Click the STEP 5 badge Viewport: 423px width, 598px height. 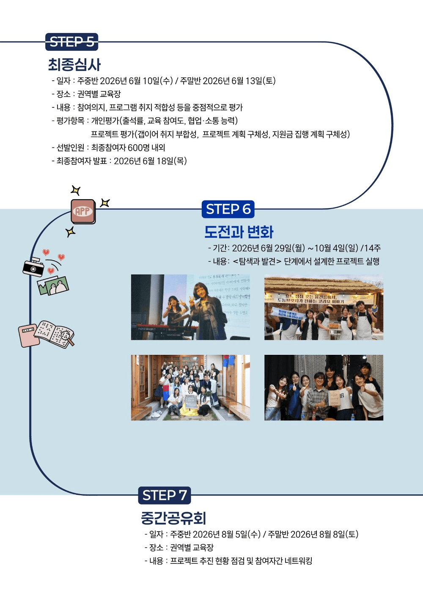pyautogui.click(x=71, y=42)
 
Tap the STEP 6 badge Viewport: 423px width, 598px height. pyautogui.click(x=228, y=209)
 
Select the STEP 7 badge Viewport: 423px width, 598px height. pyautogui.click(x=165, y=495)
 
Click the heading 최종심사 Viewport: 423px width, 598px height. pyautogui.click(x=74, y=65)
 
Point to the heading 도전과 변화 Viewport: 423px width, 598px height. pyautogui.click(x=239, y=232)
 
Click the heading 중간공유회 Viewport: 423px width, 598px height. pyautogui.click(x=173, y=518)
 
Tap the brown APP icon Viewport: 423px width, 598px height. pyautogui.click(x=83, y=211)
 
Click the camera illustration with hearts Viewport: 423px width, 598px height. pyautogui.click(x=34, y=267)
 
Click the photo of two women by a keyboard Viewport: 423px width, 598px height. pyautogui.click(x=190, y=307)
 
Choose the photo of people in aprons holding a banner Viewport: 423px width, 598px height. pyautogui.click(x=324, y=307)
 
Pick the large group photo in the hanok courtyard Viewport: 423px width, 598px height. pyautogui.click(x=190, y=387)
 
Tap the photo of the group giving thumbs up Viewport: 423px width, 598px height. pyautogui.click(x=324, y=387)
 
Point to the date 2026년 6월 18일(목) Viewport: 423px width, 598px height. pyautogui.click(x=150, y=161)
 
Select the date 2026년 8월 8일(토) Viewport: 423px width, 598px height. pyautogui.click(x=324, y=534)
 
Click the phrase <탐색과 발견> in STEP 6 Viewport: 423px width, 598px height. pyautogui.click(x=257, y=261)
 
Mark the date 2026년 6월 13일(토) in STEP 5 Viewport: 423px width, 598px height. pyautogui.click(x=239, y=81)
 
